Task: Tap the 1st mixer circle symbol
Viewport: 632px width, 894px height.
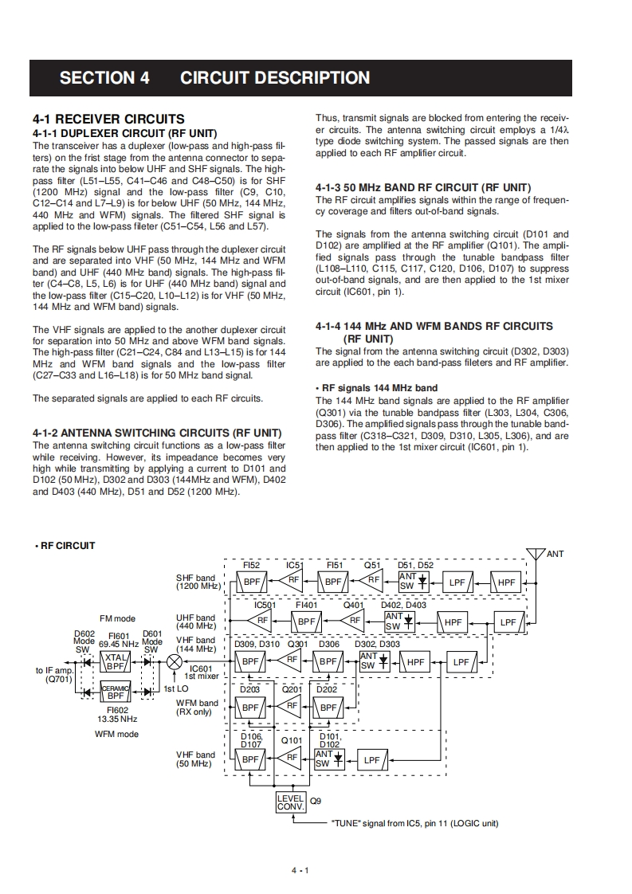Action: [x=175, y=661]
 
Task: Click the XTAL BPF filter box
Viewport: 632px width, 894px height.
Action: [x=117, y=661]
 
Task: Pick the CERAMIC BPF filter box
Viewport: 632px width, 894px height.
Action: [x=117, y=692]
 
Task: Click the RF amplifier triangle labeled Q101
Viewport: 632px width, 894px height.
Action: [x=292, y=757]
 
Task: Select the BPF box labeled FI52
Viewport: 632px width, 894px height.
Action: [x=252, y=582]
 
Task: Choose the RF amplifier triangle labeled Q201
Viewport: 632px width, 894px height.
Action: [x=292, y=707]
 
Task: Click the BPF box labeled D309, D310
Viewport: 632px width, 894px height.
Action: [x=252, y=661]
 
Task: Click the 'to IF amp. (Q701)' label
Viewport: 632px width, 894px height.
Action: [x=54, y=675]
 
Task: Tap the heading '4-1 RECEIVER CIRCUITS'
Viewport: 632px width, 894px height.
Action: [x=108, y=119]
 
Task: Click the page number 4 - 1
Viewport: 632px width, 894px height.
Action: [x=300, y=869]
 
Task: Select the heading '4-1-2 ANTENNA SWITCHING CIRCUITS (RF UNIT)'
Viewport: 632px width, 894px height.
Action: [x=157, y=433]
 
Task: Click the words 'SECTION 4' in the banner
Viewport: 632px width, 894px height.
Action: [x=104, y=78]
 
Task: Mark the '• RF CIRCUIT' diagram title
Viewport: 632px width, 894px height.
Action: [x=65, y=546]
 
